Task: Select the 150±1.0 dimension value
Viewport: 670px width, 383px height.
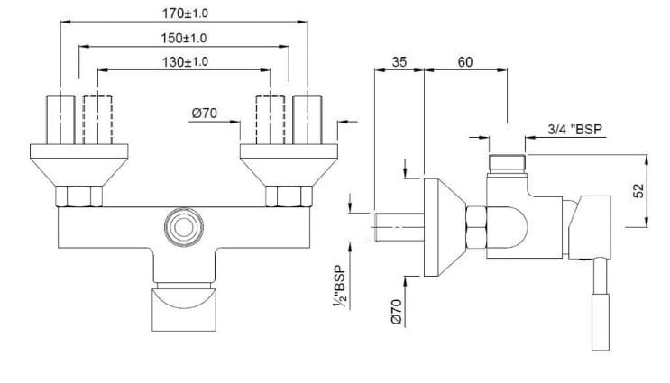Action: (x=184, y=38)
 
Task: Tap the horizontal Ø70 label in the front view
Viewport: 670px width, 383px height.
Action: (x=206, y=113)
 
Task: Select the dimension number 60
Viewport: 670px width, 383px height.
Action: (x=465, y=63)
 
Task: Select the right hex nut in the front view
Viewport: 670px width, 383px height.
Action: (x=287, y=196)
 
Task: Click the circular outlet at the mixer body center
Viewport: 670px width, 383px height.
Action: (x=184, y=226)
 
